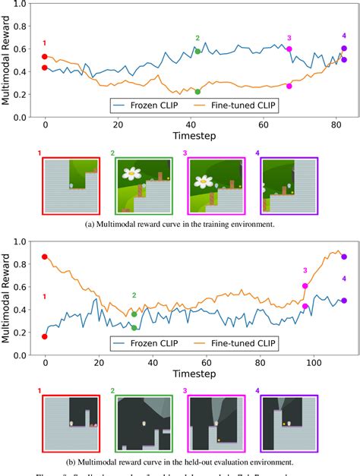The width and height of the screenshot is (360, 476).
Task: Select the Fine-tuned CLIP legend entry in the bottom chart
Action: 239,344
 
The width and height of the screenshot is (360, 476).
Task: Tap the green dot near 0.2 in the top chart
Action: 197,92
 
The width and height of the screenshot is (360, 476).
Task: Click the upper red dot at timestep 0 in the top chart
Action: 45,56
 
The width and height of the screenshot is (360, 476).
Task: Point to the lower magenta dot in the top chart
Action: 289,86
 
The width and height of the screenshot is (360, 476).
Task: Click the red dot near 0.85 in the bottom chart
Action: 45,257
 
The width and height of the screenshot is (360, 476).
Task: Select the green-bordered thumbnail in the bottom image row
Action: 141,421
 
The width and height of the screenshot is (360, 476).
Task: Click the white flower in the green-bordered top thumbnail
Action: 134,173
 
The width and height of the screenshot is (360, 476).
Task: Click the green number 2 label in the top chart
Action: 197,38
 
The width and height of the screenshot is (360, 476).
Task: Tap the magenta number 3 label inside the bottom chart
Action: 305,270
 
